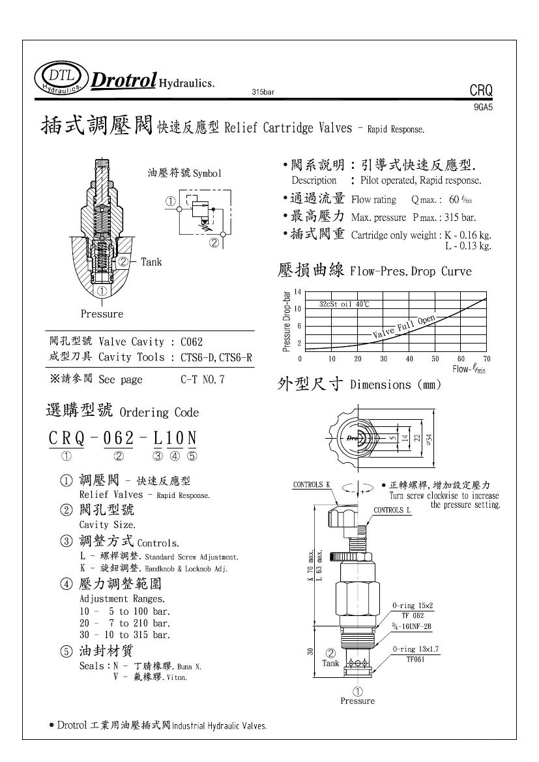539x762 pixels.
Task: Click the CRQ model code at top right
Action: click(x=481, y=91)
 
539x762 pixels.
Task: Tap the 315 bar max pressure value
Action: click(x=459, y=217)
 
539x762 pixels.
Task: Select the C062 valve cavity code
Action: click(x=192, y=342)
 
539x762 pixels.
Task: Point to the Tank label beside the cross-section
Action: click(x=151, y=262)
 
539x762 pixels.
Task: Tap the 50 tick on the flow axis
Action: click(x=435, y=359)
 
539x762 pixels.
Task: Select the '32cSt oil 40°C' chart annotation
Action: click(x=344, y=304)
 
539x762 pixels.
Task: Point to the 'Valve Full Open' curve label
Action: click(x=404, y=327)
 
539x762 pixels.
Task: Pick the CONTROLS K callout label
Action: click(x=312, y=484)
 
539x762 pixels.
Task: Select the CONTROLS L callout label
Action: click(x=392, y=510)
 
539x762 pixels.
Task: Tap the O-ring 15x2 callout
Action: click(x=413, y=606)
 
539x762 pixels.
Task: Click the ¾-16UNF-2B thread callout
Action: click(x=412, y=626)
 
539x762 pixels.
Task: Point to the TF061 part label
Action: click(x=416, y=660)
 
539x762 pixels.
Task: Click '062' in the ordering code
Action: click(x=118, y=438)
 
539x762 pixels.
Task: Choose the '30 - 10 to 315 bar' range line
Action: click(x=125, y=635)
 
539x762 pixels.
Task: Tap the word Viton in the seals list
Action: click(x=177, y=677)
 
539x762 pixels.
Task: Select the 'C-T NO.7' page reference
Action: click(x=203, y=379)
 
